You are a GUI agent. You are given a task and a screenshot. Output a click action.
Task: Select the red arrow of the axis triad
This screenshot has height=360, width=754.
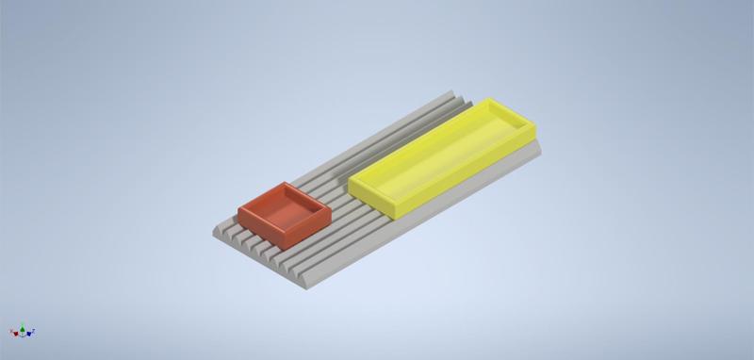pos(12,333)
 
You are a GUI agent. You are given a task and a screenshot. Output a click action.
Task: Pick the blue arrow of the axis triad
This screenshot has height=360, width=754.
pos(32,331)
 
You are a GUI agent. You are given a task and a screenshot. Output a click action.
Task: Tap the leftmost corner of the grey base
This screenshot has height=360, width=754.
pos(207,229)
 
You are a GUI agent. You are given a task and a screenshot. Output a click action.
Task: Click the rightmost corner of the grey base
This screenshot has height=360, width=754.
pos(545,148)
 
